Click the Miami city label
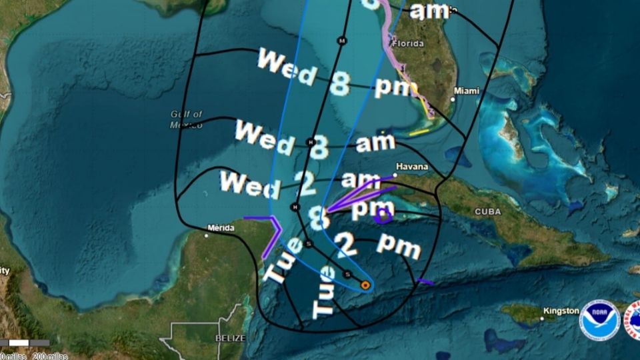(467, 91)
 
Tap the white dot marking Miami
(453, 99)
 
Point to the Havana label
(410, 166)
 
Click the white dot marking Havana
(395, 175)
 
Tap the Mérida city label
(221, 228)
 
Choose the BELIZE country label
(230, 339)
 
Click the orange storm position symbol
(365, 285)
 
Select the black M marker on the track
(342, 41)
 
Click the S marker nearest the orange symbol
(347, 274)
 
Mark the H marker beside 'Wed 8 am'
(310, 141)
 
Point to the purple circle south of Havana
(383, 215)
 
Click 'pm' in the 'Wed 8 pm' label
(396, 87)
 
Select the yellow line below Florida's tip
(419, 132)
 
